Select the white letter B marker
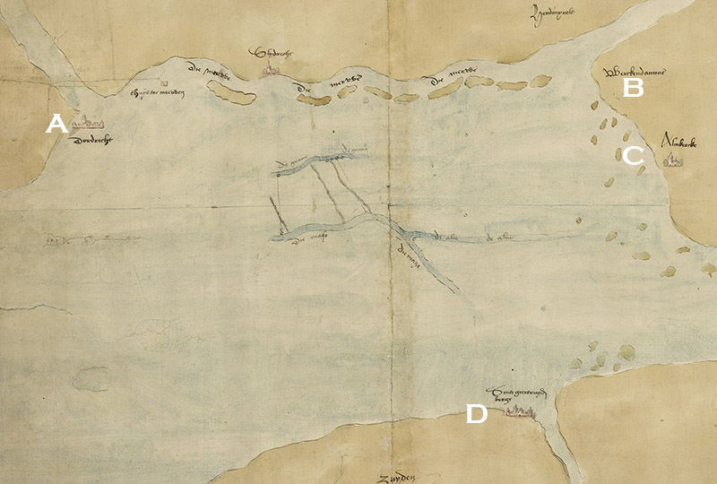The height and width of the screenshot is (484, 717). click(633, 88)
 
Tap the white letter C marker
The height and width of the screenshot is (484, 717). click(633, 156)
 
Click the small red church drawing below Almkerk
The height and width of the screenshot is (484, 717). click(671, 161)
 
